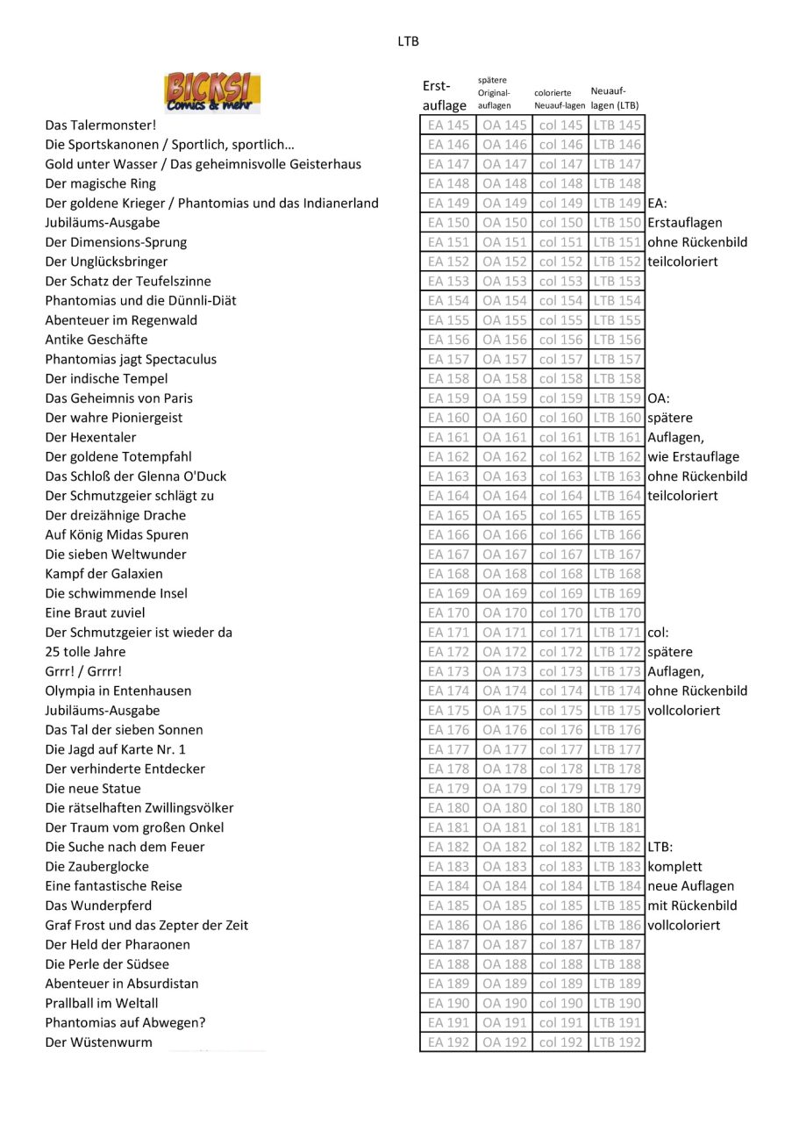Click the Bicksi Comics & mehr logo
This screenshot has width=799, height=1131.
point(212,92)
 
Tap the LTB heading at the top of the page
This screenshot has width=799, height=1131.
point(408,41)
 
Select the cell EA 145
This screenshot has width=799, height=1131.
point(448,125)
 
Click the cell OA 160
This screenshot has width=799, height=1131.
point(504,418)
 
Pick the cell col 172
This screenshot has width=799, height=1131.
point(560,652)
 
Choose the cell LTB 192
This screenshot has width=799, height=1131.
point(617,1042)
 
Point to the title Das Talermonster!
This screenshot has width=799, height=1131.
point(101,125)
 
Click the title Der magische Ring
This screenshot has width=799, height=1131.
point(101,183)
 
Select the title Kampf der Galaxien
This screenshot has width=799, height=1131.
point(104,574)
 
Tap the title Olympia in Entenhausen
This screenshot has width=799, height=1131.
point(118,691)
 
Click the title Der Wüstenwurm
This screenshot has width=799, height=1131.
point(99,1042)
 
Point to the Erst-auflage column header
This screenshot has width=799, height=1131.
point(445,96)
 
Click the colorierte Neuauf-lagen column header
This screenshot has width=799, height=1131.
point(559,98)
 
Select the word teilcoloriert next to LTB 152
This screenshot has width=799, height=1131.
point(682,261)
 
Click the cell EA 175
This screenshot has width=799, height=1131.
point(448,711)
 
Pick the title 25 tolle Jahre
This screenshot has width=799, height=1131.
point(86,652)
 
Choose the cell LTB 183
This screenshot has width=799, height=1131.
point(617,867)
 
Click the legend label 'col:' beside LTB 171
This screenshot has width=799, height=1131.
point(659,633)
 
